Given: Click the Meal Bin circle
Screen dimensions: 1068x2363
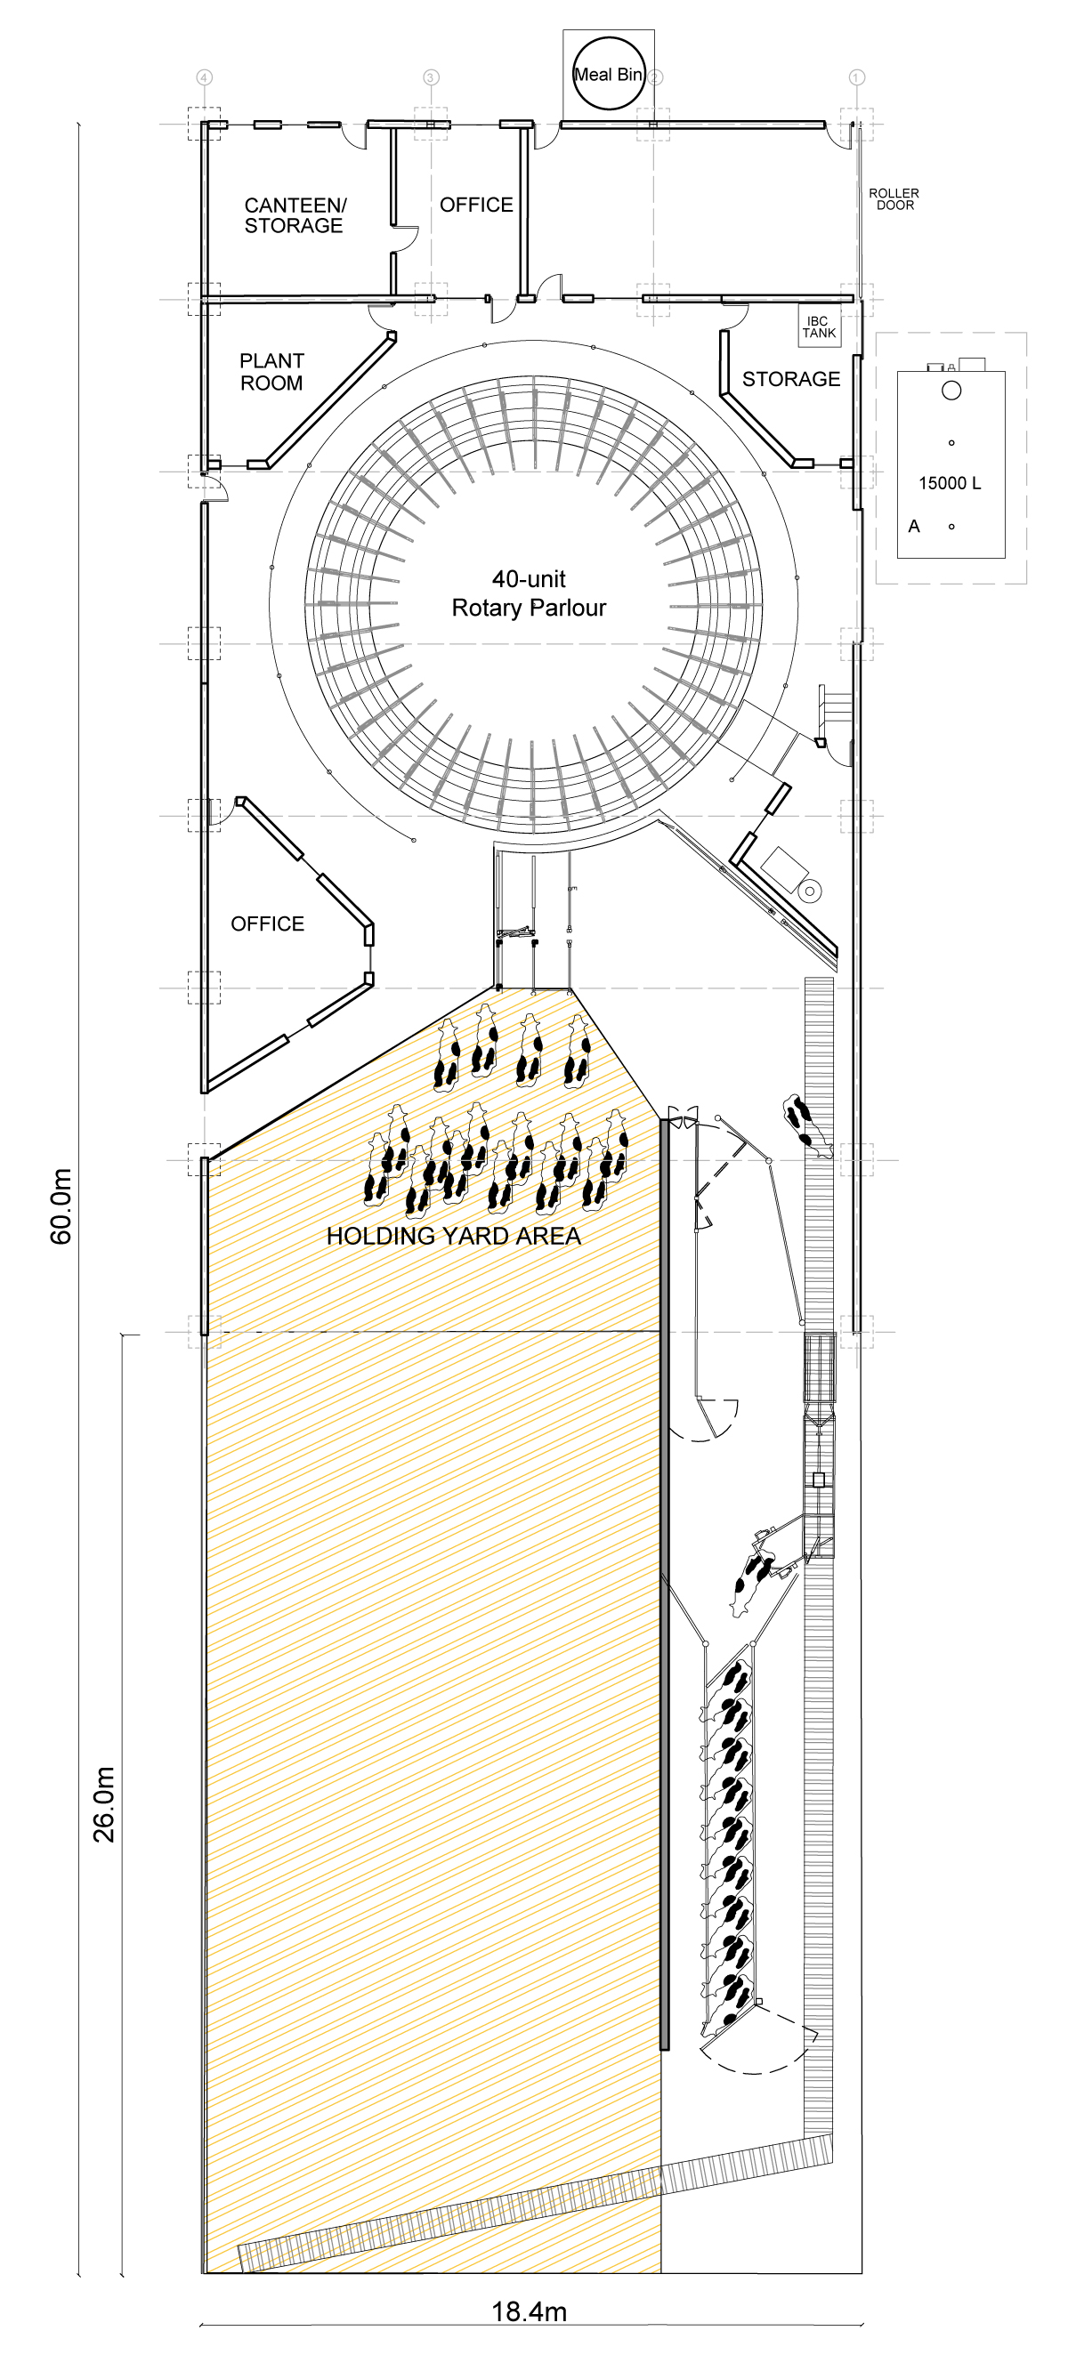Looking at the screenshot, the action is point(609,73).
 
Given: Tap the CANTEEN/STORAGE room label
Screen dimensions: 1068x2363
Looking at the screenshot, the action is point(295,215).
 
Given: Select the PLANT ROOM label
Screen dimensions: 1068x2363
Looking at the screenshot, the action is point(271,373).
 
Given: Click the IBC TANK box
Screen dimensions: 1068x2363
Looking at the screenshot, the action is point(819,327).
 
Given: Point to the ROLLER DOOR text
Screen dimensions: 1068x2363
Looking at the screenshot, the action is point(894,199).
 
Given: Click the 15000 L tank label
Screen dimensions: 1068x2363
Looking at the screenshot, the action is point(950,483).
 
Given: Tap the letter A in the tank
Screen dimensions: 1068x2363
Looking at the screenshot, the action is point(914,527).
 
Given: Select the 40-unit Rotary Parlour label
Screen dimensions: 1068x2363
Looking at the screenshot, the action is point(530,593).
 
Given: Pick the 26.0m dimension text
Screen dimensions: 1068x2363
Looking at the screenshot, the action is point(103,1804).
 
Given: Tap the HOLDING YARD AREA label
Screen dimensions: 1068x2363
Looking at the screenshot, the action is point(454,1237).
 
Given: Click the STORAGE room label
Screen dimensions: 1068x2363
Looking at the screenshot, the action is point(791,379).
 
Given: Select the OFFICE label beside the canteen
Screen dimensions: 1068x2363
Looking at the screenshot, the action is point(476,205).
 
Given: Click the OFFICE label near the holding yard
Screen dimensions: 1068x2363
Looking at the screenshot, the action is point(267,923).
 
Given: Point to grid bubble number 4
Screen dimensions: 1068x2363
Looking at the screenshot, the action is point(205,77).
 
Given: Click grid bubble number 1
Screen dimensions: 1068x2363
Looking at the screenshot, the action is point(856,77).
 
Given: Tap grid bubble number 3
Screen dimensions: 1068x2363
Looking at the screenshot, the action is point(432,77).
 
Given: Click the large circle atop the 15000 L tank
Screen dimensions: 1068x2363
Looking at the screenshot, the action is point(951,391).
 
